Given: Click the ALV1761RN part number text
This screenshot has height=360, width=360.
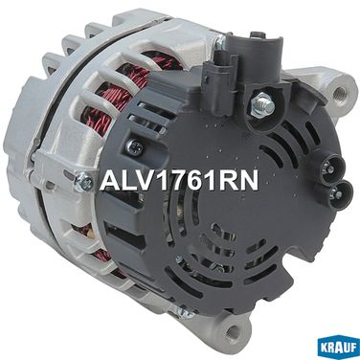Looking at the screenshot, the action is click(179, 181).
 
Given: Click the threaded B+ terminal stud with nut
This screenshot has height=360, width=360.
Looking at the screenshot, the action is click(263, 102).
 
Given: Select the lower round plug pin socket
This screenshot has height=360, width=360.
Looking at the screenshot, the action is click(341, 193).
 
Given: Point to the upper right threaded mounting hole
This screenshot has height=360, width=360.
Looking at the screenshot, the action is click(340, 93).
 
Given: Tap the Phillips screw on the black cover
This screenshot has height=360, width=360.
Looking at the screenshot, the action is click(133, 146).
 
